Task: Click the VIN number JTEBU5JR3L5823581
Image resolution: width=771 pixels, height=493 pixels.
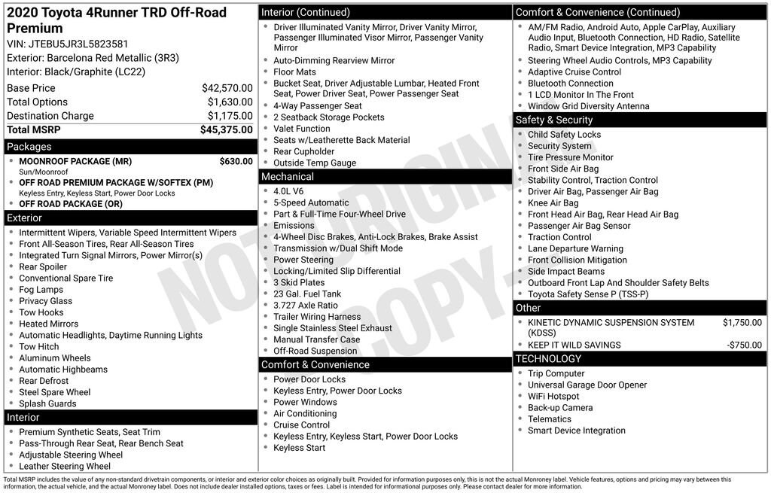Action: click(x=78, y=44)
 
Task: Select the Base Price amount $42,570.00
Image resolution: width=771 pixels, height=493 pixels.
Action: click(x=227, y=88)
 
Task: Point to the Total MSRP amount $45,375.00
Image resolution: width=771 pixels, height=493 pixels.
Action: click(x=226, y=129)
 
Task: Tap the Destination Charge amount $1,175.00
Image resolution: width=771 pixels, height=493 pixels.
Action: click(x=230, y=116)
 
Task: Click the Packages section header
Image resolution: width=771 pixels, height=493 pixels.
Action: click(x=29, y=147)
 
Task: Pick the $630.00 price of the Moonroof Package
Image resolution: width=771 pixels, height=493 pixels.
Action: click(x=236, y=161)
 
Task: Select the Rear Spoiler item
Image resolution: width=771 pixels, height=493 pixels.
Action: click(x=43, y=266)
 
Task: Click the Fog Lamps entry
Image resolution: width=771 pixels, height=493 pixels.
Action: click(x=41, y=290)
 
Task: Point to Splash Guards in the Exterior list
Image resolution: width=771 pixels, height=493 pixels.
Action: click(x=47, y=403)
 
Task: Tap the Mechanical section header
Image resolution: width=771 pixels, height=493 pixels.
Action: click(x=287, y=177)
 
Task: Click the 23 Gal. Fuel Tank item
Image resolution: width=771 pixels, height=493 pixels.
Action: click(x=307, y=294)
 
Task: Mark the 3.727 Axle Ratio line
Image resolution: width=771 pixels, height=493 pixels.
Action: click(x=306, y=306)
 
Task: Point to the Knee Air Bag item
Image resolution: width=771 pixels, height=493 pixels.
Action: click(x=553, y=203)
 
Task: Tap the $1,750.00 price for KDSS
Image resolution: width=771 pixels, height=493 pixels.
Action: click(x=742, y=323)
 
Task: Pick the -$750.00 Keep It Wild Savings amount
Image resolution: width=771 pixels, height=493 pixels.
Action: click(x=744, y=345)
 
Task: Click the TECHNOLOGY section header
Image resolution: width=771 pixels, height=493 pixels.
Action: click(x=549, y=359)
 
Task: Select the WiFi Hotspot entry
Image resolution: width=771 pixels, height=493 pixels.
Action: click(x=553, y=397)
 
